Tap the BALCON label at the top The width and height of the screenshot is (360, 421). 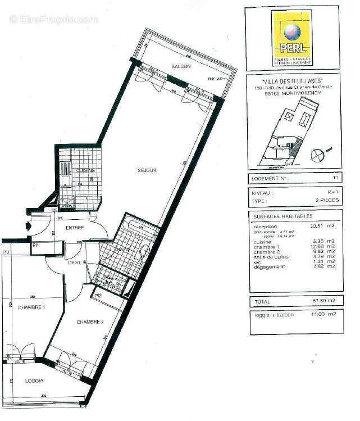pyautogui.click(x=181, y=66)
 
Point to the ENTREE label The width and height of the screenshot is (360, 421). pyautogui.click(x=75, y=228)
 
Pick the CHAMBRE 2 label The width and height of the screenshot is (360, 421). pyautogui.click(x=89, y=322)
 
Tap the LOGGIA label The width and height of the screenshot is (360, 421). pyautogui.click(x=34, y=381)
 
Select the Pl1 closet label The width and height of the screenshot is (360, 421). pyautogui.click(x=35, y=246)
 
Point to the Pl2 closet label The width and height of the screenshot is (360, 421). pyautogui.click(x=98, y=296)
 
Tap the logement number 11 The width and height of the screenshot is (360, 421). pyautogui.click(x=335, y=179)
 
